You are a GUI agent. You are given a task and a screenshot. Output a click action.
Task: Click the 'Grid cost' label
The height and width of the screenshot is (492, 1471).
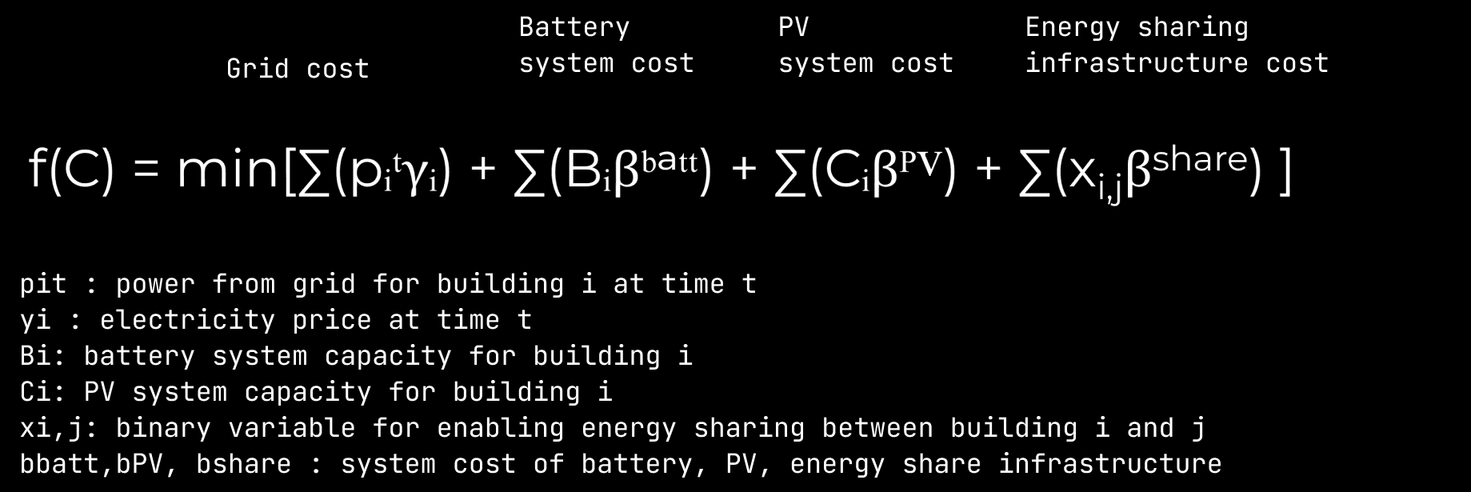click(x=298, y=69)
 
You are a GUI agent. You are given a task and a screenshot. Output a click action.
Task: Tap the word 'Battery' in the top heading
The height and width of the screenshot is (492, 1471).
click(x=574, y=27)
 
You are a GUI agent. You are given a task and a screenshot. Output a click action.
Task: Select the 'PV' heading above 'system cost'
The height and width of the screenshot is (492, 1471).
click(x=793, y=27)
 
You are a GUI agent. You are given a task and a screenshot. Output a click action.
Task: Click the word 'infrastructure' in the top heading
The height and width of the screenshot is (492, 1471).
click(x=1137, y=62)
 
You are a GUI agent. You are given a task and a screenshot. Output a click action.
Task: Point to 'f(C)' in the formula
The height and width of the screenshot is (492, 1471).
click(x=70, y=170)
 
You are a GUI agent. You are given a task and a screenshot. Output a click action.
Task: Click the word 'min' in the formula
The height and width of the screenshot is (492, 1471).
click(x=226, y=170)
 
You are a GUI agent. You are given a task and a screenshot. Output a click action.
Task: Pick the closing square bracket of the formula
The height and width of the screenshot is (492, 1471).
click(x=1285, y=171)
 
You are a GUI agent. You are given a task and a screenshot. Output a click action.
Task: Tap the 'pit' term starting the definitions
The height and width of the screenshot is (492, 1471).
click(x=43, y=284)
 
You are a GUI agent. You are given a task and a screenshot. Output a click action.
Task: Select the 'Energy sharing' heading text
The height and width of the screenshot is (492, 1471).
click(x=1136, y=27)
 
